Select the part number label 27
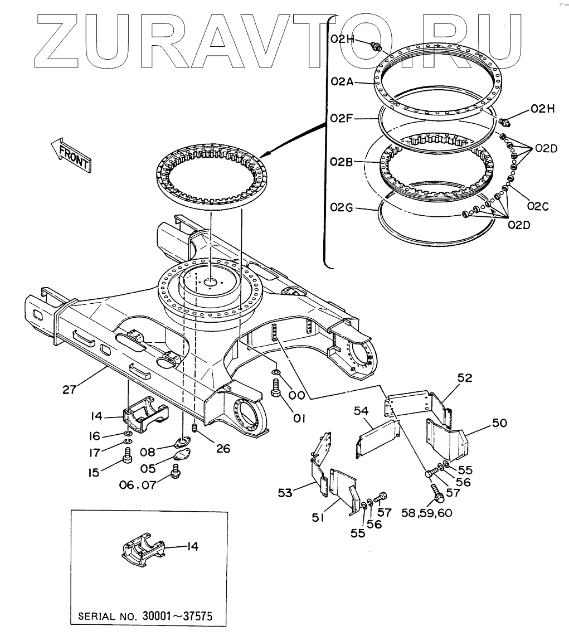click(69, 390)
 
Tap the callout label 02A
click(341, 81)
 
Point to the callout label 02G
click(341, 208)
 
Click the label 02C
click(537, 207)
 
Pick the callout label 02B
click(341, 162)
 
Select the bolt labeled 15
click(127, 461)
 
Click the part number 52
click(464, 378)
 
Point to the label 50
click(499, 423)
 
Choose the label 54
click(362, 411)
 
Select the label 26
click(222, 447)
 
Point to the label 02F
click(341, 118)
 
